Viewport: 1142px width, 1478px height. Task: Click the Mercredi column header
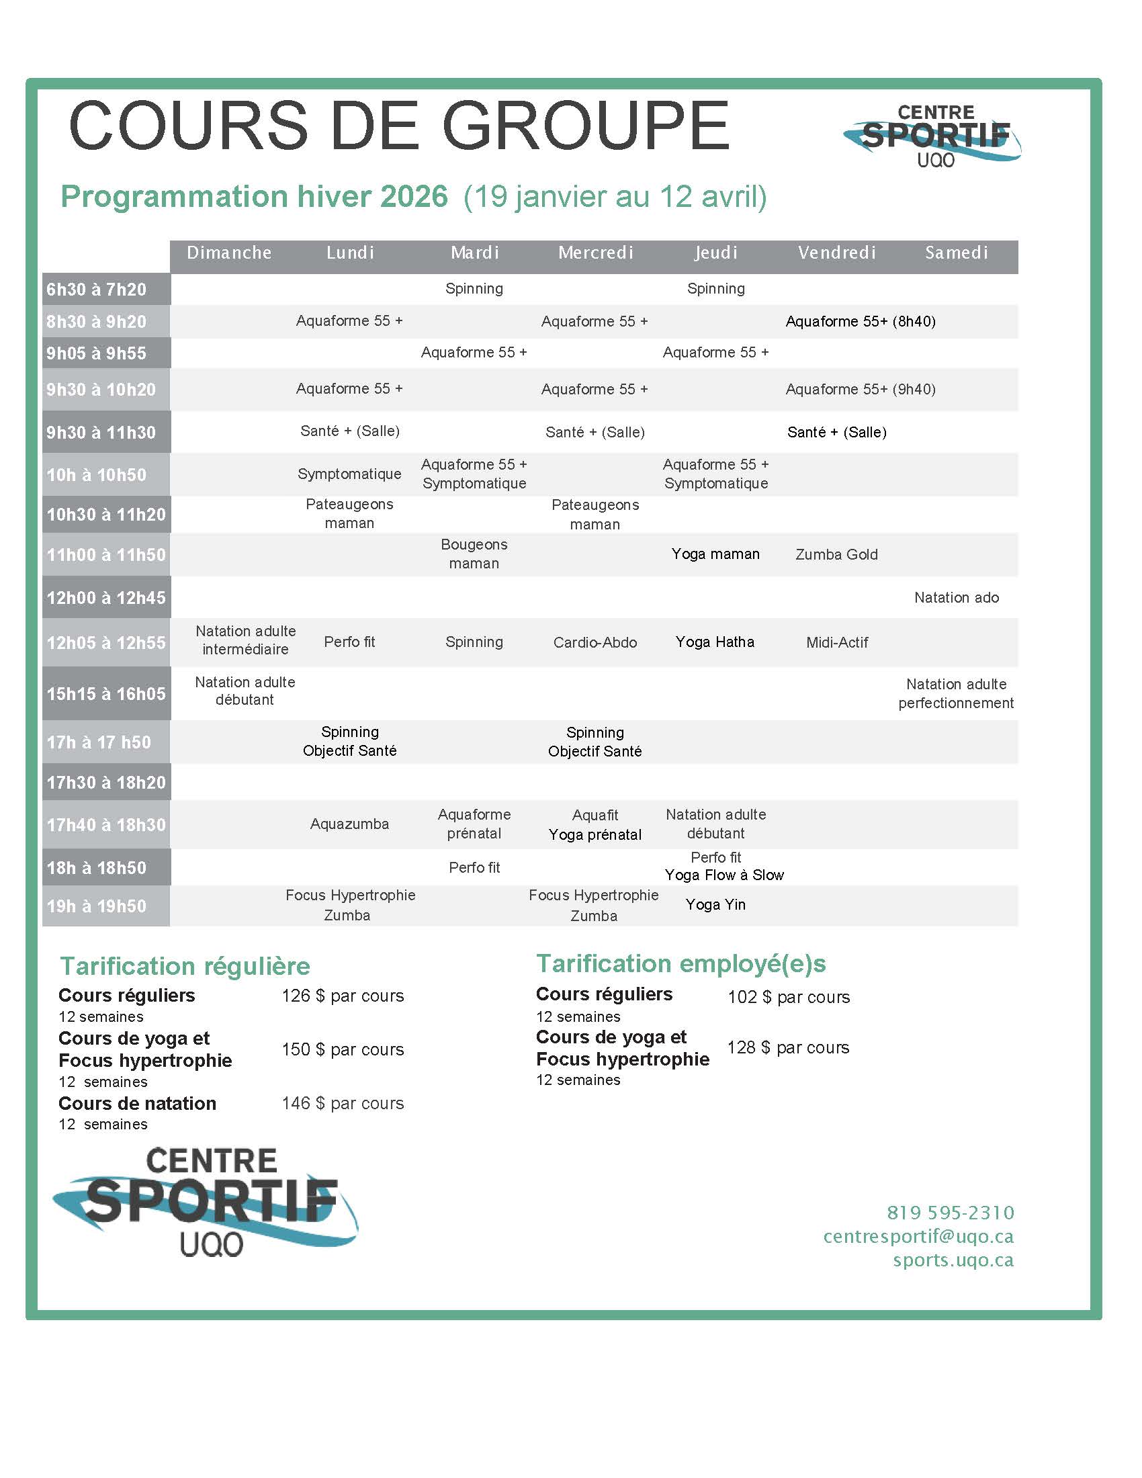tap(595, 253)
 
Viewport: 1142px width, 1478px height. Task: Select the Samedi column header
tap(956, 253)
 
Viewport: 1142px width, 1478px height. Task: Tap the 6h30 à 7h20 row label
tap(97, 290)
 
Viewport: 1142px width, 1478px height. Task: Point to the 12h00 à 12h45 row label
tap(105, 598)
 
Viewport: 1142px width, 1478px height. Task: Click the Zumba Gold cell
tap(836, 555)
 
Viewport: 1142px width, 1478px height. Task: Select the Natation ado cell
tap(956, 597)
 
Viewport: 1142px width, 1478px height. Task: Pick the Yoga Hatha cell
tap(715, 642)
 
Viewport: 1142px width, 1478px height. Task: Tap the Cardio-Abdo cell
tap(595, 643)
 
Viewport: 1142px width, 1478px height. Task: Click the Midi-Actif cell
tap(837, 643)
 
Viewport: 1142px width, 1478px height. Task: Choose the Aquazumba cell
tap(349, 824)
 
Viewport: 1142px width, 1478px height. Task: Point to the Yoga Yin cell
tap(715, 905)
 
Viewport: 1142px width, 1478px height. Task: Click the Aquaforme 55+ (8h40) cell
tap(860, 321)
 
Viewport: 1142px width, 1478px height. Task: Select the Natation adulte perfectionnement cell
tap(955, 694)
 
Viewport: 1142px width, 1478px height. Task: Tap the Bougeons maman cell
tap(474, 554)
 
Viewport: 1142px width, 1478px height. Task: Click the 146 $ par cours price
tap(343, 1104)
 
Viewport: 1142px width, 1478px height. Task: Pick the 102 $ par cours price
tap(788, 998)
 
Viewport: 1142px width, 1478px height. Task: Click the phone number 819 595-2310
tap(950, 1213)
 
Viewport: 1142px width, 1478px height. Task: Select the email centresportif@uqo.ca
tap(918, 1237)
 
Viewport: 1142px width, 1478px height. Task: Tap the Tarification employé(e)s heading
tap(680, 963)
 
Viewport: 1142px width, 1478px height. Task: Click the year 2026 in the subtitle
tap(413, 197)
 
